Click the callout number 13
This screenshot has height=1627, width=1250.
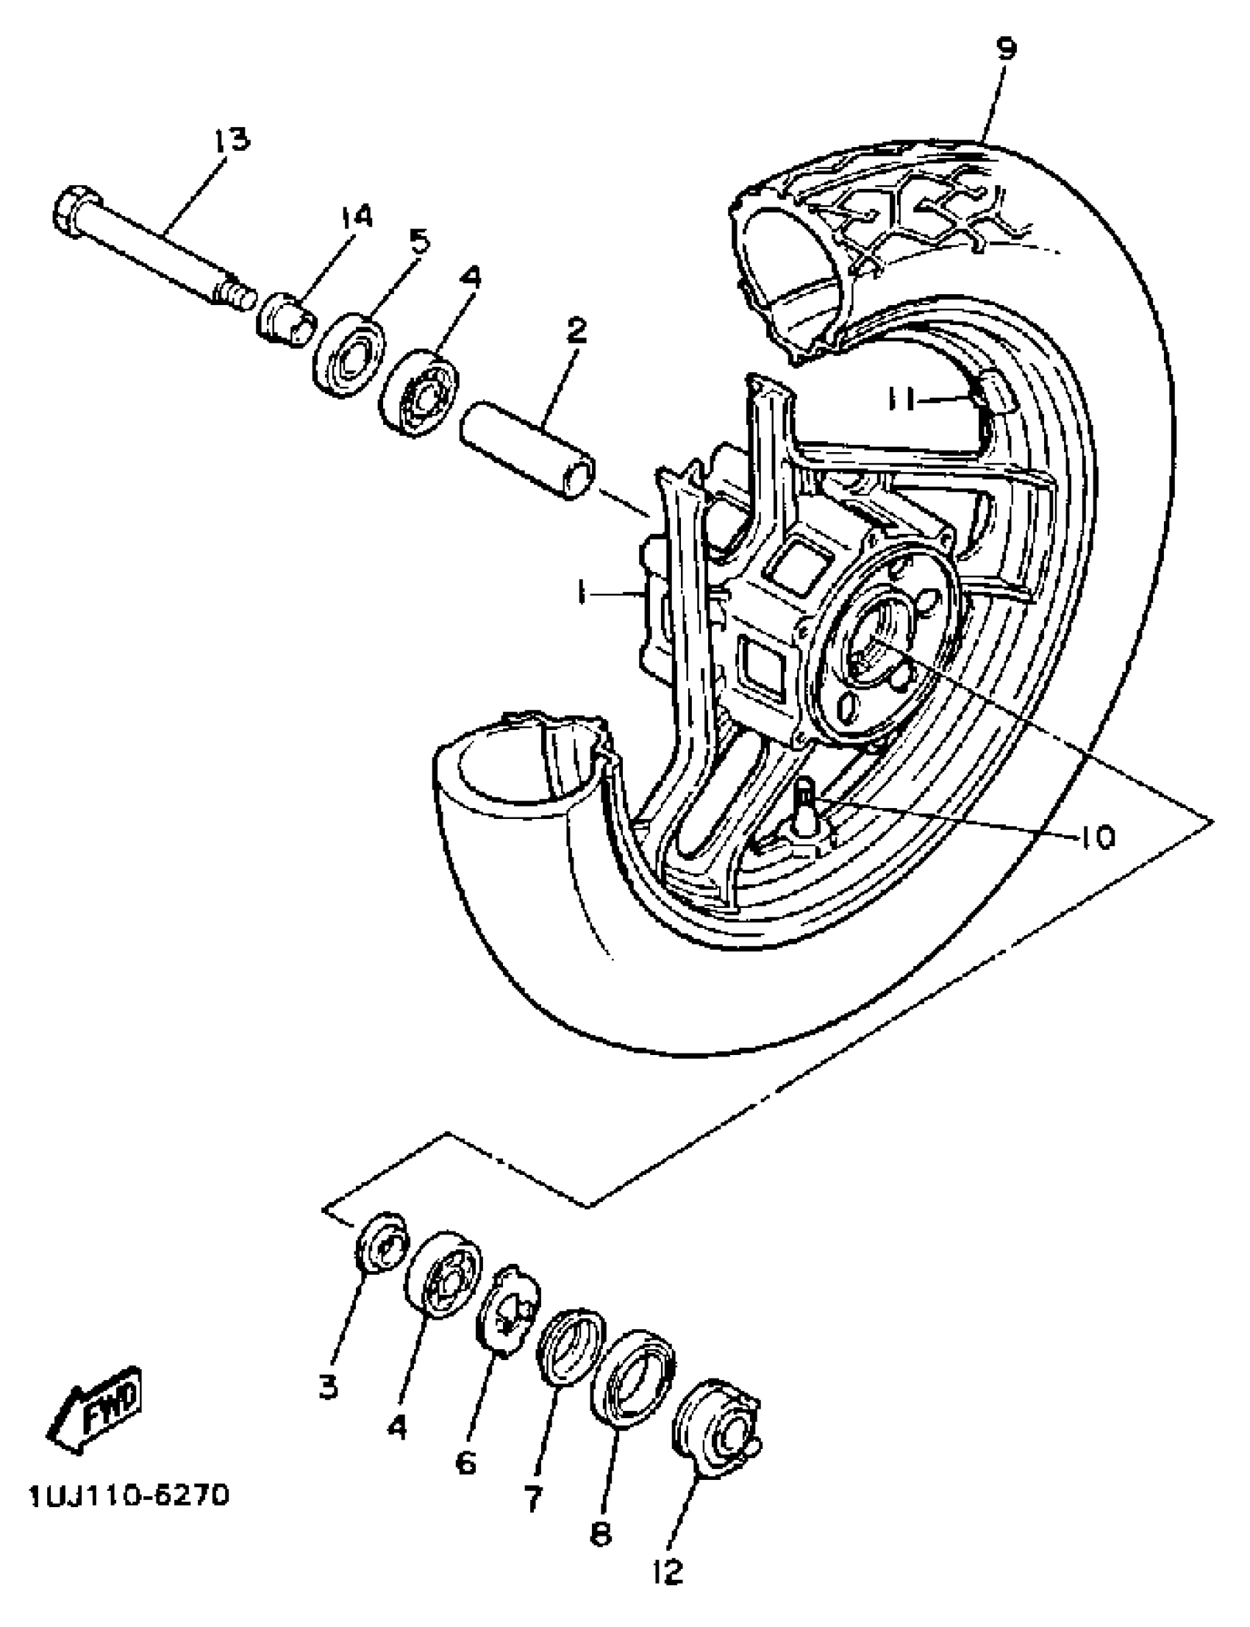pos(233,140)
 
